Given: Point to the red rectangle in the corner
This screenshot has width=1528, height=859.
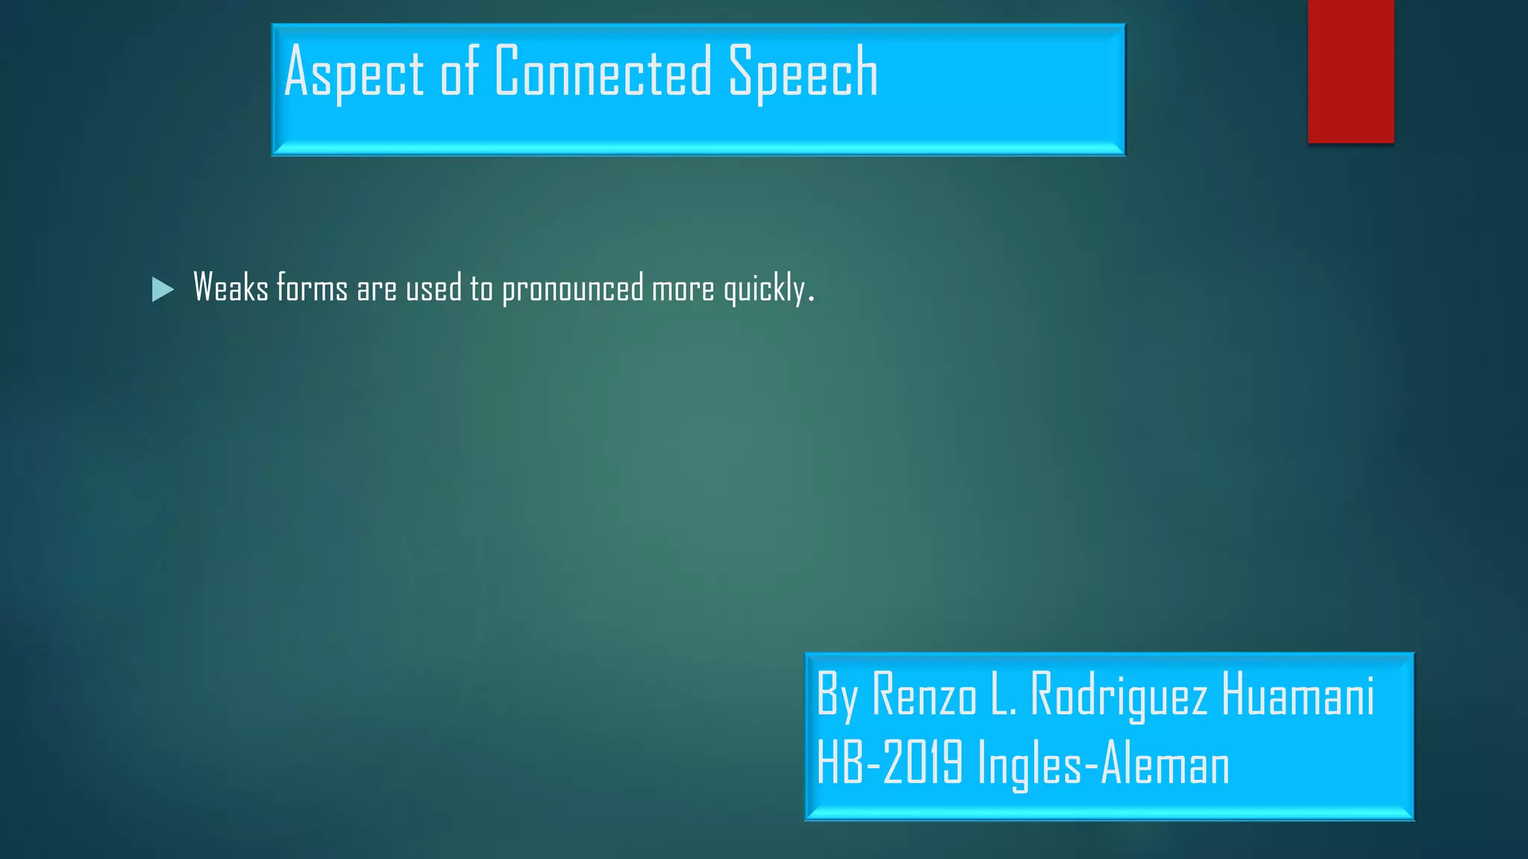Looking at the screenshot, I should point(1350,71).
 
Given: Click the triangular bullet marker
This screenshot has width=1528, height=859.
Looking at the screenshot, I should point(163,289).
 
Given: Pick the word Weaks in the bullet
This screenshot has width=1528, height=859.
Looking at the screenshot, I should point(231,288).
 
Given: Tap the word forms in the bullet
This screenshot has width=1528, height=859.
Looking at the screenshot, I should point(312,288).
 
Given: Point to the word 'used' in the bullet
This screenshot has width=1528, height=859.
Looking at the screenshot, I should point(433,288).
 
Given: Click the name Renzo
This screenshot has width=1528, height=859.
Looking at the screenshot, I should point(924,695).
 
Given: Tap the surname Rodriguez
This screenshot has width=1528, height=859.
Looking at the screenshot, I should point(1118,695).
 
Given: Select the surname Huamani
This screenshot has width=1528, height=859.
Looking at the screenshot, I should point(1297,695).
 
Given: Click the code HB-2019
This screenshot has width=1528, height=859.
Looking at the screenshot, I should point(889,763).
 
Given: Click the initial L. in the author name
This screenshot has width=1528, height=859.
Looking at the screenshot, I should point(1004,695).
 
